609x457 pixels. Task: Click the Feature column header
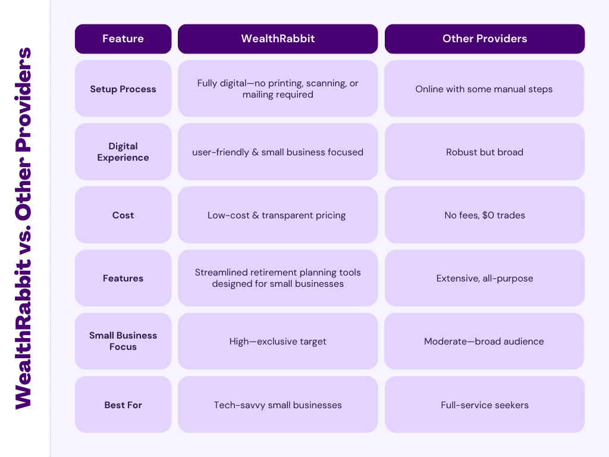(123, 39)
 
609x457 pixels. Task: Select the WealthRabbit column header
(278, 39)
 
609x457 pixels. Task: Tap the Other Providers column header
(485, 39)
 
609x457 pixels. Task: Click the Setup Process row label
(123, 89)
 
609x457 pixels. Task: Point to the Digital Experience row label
(123, 152)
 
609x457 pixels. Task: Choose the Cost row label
(123, 215)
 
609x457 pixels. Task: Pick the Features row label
(123, 278)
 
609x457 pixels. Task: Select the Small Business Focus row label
(123, 341)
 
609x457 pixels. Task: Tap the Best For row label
(123, 405)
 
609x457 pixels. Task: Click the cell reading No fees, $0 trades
(485, 215)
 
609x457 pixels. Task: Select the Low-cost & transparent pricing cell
(278, 215)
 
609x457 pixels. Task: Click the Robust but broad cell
(485, 152)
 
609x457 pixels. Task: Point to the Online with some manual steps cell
(484, 89)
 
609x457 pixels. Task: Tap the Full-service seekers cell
(485, 405)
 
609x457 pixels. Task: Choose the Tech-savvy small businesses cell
(278, 405)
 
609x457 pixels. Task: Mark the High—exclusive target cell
(278, 341)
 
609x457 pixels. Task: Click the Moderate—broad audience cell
(484, 341)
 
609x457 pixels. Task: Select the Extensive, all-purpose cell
(485, 278)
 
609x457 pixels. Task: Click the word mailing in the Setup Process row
(257, 95)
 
